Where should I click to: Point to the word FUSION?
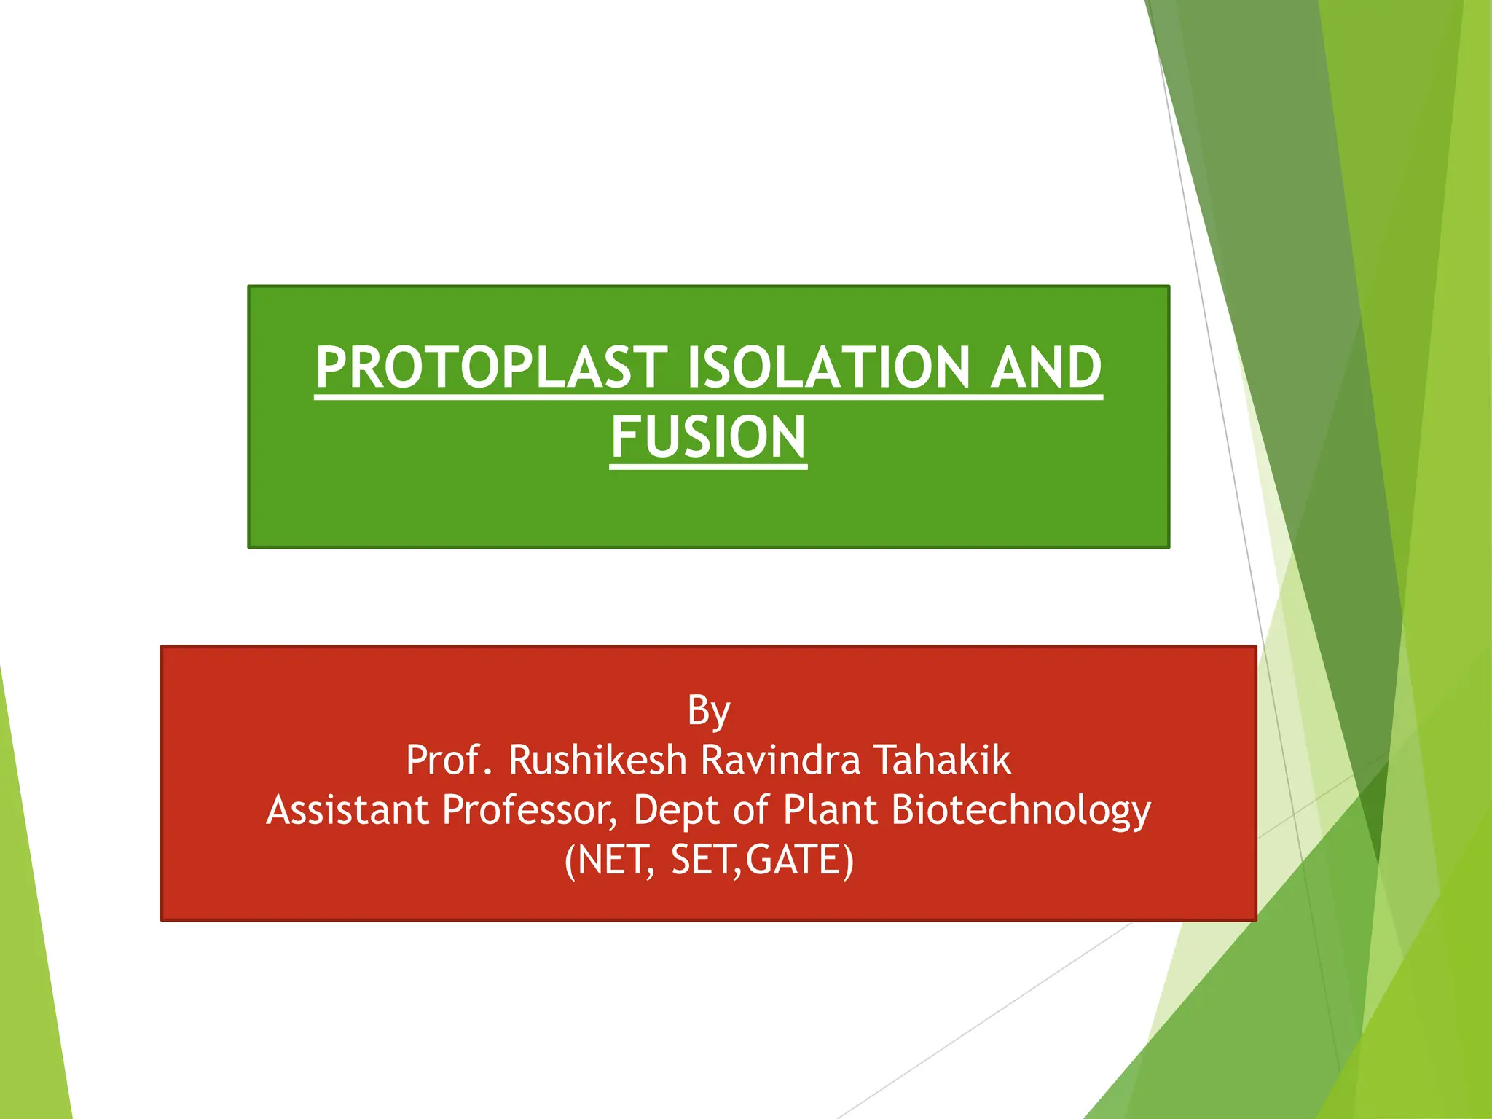coord(708,437)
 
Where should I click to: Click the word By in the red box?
coord(708,710)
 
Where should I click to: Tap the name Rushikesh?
coord(597,760)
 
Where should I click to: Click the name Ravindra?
coord(780,760)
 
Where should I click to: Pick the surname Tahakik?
coord(942,760)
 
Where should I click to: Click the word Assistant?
coord(347,809)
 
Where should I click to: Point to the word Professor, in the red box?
coord(530,809)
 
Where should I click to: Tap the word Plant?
coord(830,809)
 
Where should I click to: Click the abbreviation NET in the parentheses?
coord(615,860)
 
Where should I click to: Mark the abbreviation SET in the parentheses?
coord(704,860)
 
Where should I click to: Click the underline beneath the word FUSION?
coord(708,466)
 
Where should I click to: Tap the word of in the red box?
coord(750,809)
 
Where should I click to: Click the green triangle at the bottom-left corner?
coord(29,983)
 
